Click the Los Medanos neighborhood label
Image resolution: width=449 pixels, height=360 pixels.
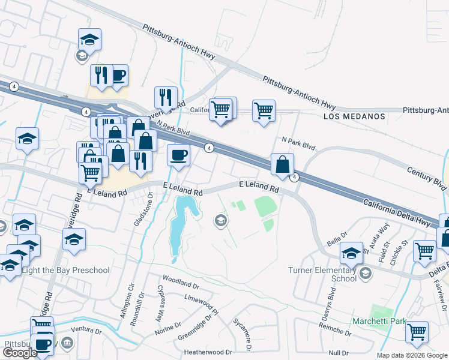(354, 116)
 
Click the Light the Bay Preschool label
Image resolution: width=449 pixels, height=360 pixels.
(65, 270)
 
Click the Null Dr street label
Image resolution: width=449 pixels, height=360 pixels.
(339, 353)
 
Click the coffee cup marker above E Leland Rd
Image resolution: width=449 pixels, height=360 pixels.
(178, 155)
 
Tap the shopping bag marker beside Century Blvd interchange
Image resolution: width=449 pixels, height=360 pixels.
(282, 164)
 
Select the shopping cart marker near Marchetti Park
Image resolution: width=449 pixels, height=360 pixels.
(417, 331)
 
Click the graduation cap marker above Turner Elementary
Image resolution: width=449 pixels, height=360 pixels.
(352, 253)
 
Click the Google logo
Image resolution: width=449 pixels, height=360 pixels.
(20, 353)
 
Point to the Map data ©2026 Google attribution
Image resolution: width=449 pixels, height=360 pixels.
(412, 355)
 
